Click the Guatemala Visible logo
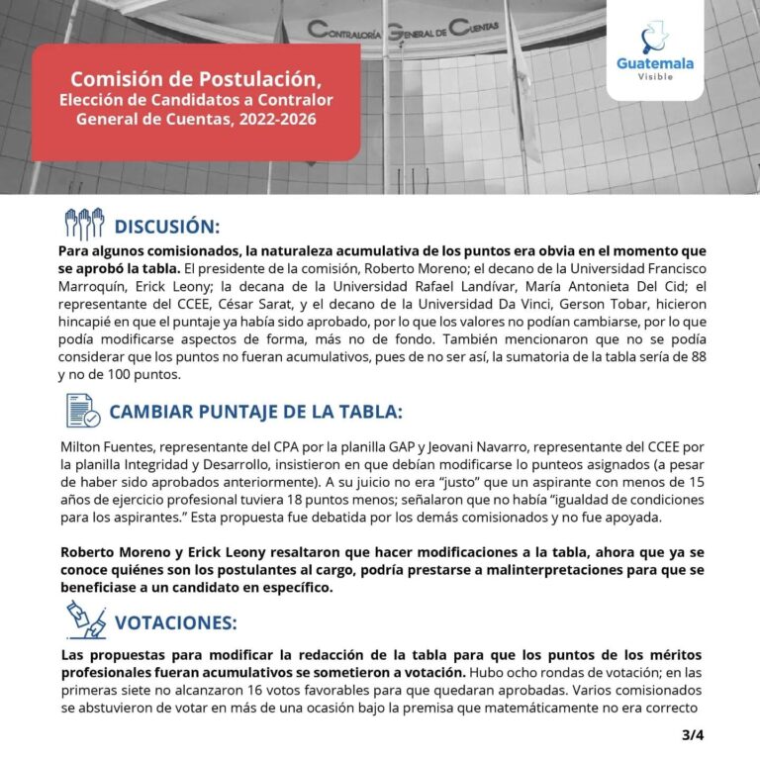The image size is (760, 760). pos(654,51)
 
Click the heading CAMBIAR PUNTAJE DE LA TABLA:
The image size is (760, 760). pos(256,412)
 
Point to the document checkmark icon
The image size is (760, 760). pos(83,411)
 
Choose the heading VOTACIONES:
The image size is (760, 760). pos(176,622)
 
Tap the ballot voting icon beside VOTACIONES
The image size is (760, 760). pos(84,621)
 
